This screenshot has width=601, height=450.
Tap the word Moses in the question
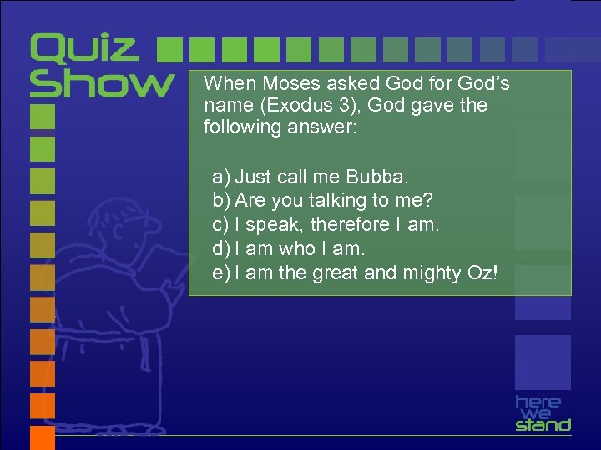[282, 84]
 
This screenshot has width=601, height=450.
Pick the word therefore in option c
[349, 225]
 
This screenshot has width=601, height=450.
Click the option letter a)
[221, 177]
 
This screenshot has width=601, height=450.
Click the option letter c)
[221, 225]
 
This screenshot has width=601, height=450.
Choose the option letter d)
[221, 248]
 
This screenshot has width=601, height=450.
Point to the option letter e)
[221, 272]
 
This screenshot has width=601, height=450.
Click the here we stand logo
[543, 413]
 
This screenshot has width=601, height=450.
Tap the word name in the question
[221, 106]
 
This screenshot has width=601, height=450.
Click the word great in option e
[333, 273]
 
